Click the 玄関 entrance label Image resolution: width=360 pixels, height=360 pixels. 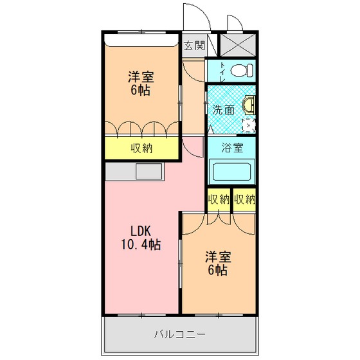click(194, 46)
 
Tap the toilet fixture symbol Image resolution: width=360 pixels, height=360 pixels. click(242, 70)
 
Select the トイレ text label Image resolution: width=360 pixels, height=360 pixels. click(222, 71)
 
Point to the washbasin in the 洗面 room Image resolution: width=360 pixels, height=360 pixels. click(249, 105)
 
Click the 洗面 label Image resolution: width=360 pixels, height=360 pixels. click(223, 110)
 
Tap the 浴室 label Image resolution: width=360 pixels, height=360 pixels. click(232, 148)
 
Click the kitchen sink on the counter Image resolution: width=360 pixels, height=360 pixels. click(148, 171)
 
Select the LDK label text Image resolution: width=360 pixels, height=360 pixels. click(141, 231)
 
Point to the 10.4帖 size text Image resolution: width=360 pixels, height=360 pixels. click(141, 244)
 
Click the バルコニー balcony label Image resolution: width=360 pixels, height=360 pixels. click(180, 334)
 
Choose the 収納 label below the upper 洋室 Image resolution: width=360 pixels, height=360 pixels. click(141, 148)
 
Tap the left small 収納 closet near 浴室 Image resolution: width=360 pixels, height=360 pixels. click(219, 199)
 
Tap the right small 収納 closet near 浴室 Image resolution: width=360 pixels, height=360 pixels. click(245, 199)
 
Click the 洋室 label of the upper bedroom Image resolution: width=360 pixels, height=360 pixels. click(141, 77)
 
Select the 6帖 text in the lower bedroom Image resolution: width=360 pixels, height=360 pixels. click(218, 270)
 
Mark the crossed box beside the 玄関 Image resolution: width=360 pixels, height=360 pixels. click(238, 45)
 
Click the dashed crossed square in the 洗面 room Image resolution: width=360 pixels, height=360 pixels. click(249, 125)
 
